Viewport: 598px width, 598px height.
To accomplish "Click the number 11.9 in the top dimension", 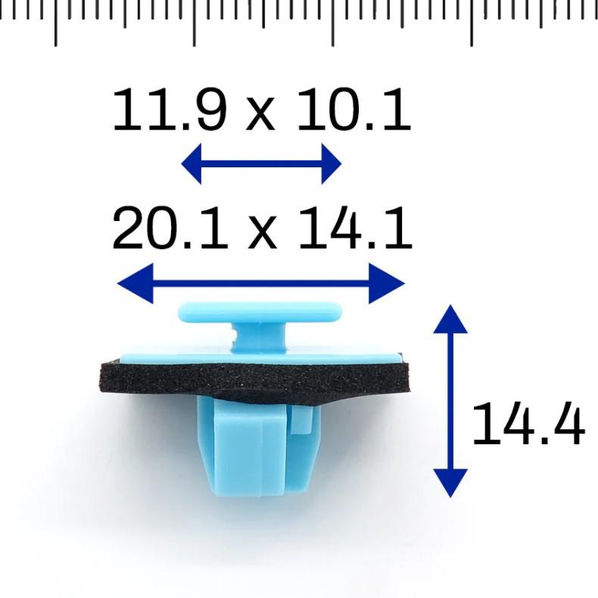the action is pos(170,110).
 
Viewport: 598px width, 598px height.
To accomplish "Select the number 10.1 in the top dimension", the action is pos(355,110).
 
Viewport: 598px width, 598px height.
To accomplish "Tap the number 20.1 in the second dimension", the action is pos(170,228).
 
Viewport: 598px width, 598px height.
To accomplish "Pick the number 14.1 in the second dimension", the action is pos(356,228).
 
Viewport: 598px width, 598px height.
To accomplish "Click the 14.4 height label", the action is pos(528,424).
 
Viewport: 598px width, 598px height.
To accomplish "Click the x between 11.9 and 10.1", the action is pos(261,114).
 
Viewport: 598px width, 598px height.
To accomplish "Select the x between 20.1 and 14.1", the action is pos(262,232).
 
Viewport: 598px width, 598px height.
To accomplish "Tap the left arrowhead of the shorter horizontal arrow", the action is pos(191,164).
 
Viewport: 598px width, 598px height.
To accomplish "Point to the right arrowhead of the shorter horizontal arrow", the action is pos(332,164).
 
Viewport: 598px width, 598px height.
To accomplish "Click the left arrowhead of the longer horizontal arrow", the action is pos(135,283).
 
